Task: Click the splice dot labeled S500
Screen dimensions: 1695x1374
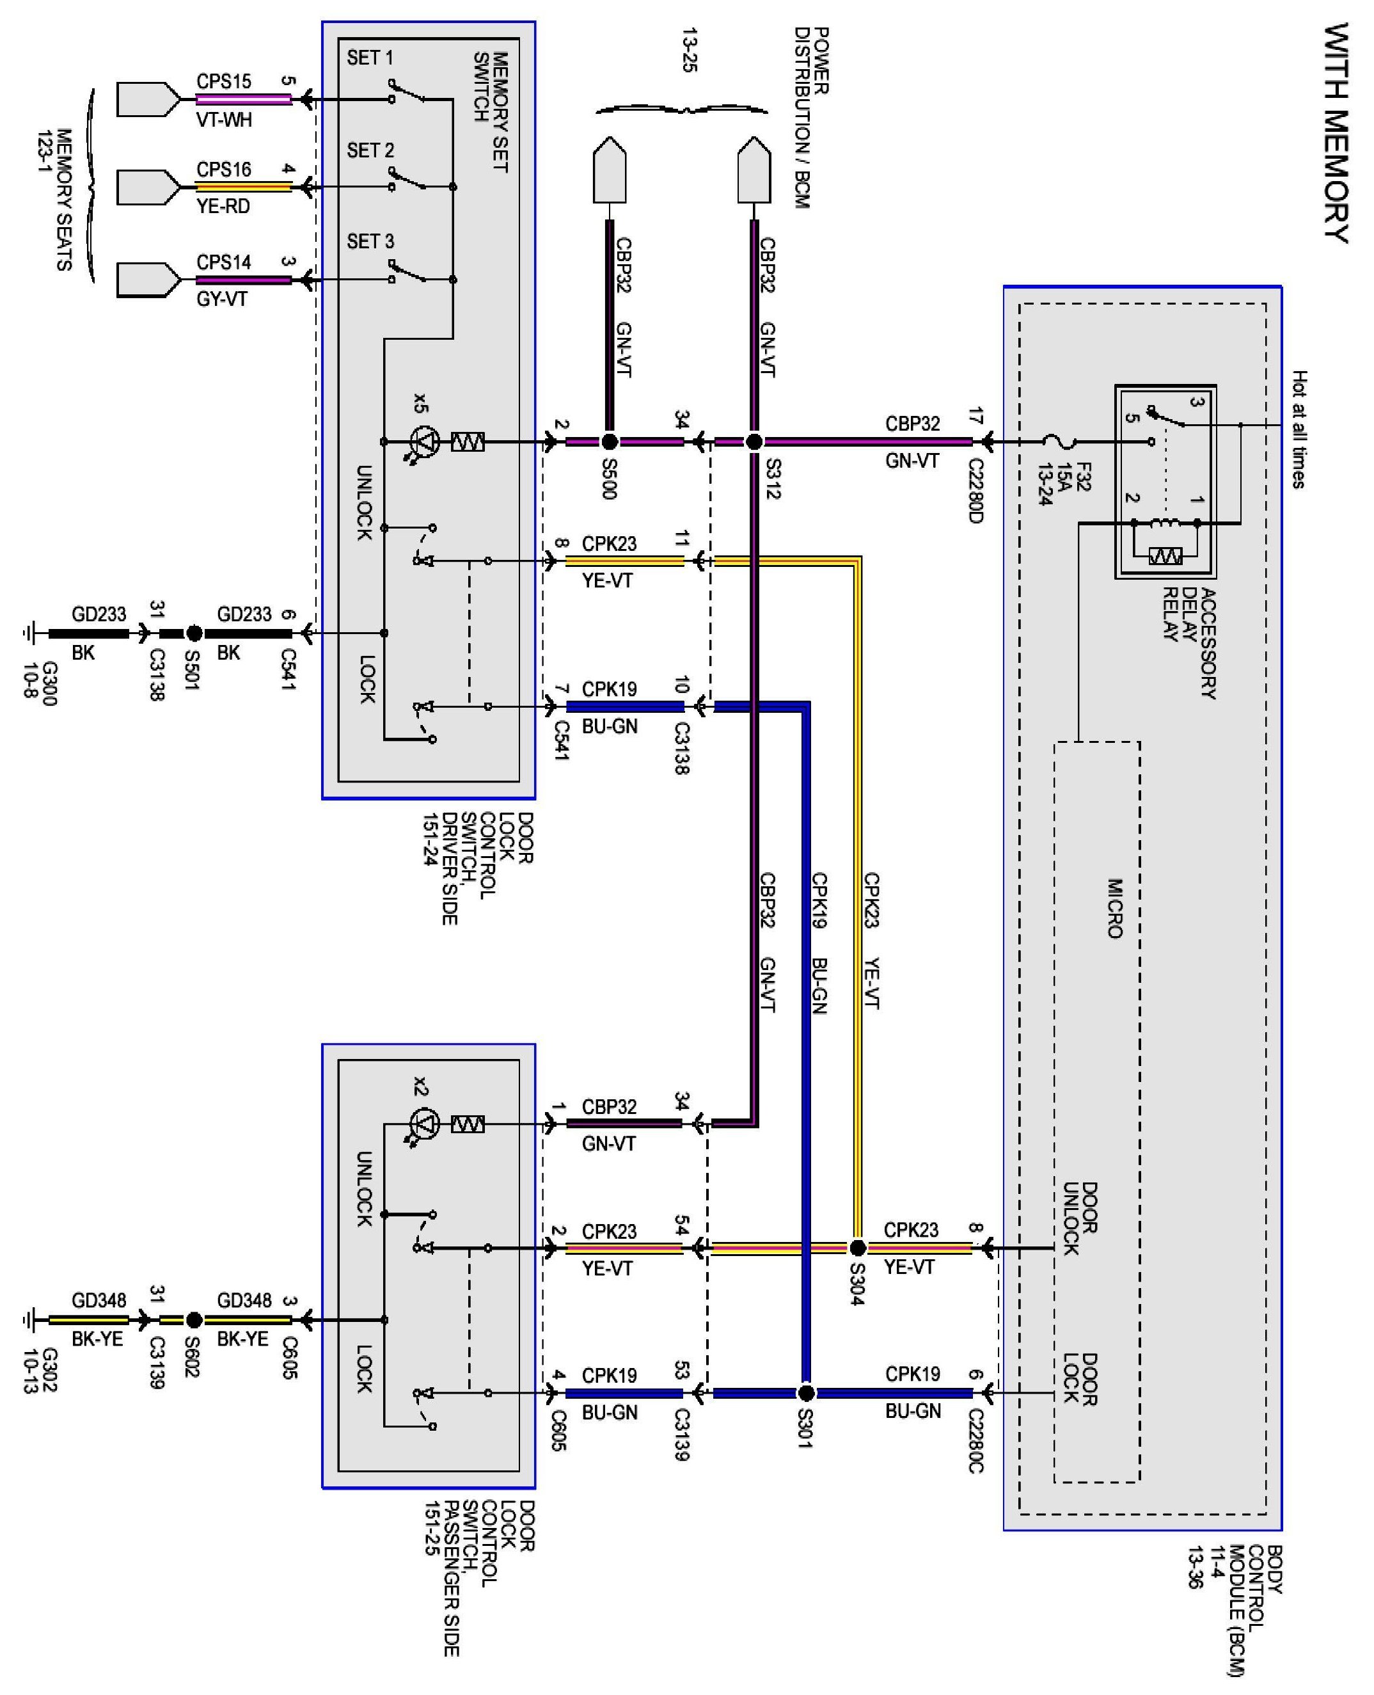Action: [x=610, y=441]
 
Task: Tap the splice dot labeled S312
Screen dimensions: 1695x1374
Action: [x=754, y=441]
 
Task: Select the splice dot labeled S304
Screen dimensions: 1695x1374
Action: [x=857, y=1248]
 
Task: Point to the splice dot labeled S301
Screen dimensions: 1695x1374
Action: [x=806, y=1392]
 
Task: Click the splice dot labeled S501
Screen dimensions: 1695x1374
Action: [x=194, y=633]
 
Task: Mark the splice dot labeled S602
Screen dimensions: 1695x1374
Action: [x=194, y=1320]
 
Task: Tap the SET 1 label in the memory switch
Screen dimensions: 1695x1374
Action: [x=370, y=58]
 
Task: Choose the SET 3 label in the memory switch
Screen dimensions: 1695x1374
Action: [x=370, y=241]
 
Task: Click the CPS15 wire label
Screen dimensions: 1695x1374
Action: [x=224, y=81]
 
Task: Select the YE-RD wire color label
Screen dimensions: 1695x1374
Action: [x=223, y=207]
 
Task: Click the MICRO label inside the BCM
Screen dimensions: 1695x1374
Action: [x=1114, y=908]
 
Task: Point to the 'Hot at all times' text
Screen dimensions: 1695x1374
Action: [x=1299, y=429]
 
